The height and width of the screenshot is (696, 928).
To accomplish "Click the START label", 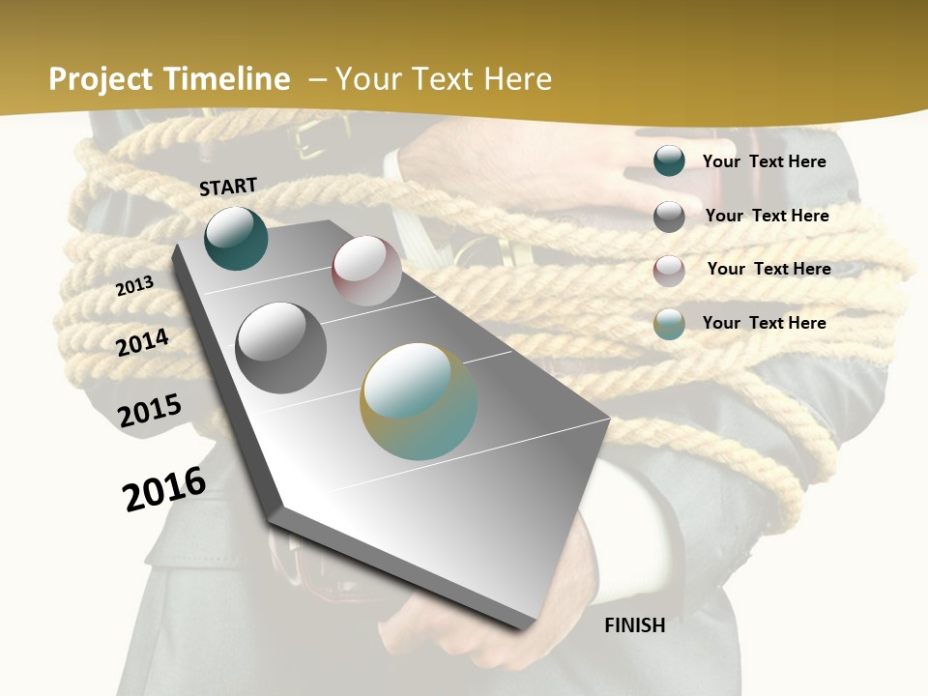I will click(228, 187).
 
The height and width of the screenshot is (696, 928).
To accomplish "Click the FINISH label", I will click(635, 625).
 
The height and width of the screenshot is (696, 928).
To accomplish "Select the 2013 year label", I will click(135, 286).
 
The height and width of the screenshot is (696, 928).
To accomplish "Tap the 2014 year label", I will click(143, 342).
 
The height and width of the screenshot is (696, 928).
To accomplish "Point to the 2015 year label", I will click(150, 411).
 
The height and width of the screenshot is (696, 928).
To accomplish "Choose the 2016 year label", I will click(164, 488).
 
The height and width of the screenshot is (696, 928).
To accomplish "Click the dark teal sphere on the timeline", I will click(236, 239).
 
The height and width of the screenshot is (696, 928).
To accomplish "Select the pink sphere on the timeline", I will click(366, 271).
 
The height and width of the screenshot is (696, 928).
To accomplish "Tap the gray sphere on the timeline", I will click(281, 348).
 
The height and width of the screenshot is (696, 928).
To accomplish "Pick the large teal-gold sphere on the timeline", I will click(419, 401).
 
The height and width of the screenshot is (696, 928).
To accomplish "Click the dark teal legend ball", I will click(669, 161).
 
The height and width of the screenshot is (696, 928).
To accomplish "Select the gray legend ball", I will click(669, 217).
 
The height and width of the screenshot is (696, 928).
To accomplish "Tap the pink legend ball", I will click(669, 271).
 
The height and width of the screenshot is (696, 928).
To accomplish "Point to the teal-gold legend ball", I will click(669, 324).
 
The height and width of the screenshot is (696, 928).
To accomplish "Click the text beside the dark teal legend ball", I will click(764, 161).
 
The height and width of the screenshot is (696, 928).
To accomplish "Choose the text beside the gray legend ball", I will click(767, 216).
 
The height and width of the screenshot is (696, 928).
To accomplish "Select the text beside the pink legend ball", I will click(768, 269).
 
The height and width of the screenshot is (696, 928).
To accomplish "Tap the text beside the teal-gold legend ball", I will click(764, 323).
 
